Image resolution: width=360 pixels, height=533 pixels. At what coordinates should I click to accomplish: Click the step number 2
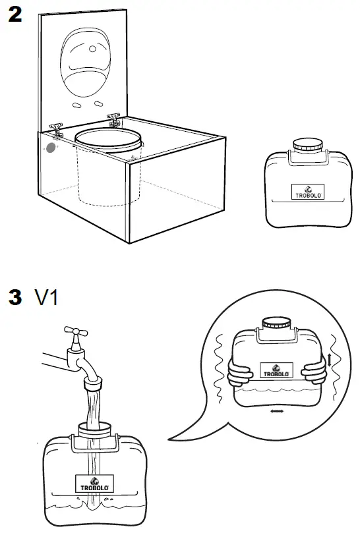pos(15,16)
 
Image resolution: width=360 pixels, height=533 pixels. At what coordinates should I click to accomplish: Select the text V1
pos(46,297)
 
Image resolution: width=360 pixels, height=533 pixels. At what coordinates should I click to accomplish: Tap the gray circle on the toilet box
pos(50,146)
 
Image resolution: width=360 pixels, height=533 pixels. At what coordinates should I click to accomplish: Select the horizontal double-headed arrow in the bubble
pos(277,411)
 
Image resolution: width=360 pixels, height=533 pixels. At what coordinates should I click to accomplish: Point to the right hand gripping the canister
pos(314,373)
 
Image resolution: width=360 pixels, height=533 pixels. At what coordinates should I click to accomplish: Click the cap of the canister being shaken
pos(276,324)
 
